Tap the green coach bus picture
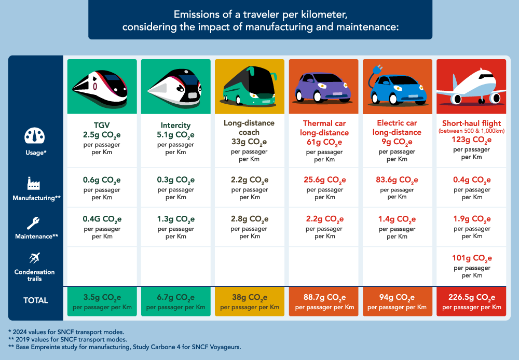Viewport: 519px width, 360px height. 250,87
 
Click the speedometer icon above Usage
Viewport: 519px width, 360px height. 35,136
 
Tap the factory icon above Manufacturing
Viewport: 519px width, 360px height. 35,183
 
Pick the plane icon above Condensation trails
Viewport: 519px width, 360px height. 35,258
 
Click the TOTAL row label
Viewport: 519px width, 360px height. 35,300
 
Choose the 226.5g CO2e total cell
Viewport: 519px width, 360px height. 471,298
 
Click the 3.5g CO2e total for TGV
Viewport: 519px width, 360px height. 102,298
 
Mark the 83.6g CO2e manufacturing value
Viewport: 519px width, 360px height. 397,180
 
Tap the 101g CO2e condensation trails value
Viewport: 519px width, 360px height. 471,258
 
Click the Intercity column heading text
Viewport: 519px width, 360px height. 175,125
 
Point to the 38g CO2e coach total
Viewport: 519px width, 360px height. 250,298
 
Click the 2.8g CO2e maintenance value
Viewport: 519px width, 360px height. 250,219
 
